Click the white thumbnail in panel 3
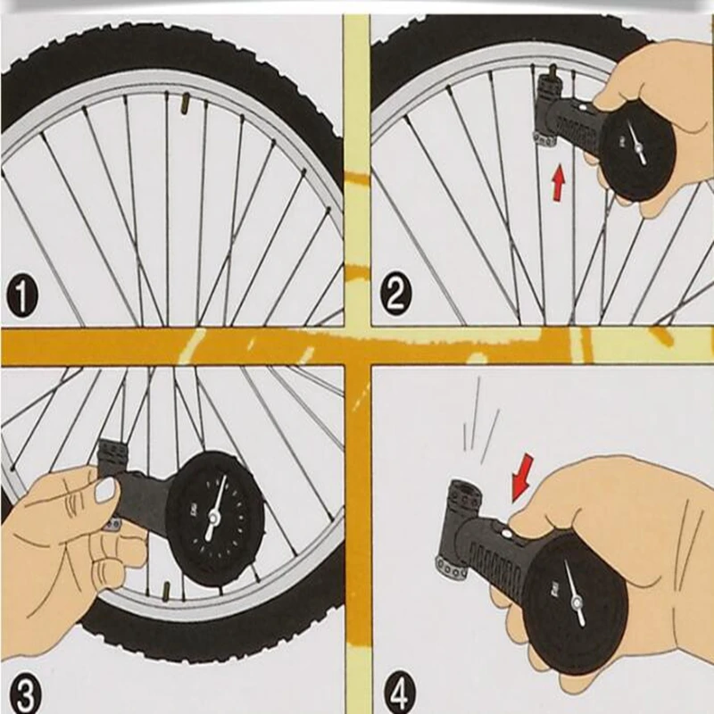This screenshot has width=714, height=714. coord(106,489)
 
